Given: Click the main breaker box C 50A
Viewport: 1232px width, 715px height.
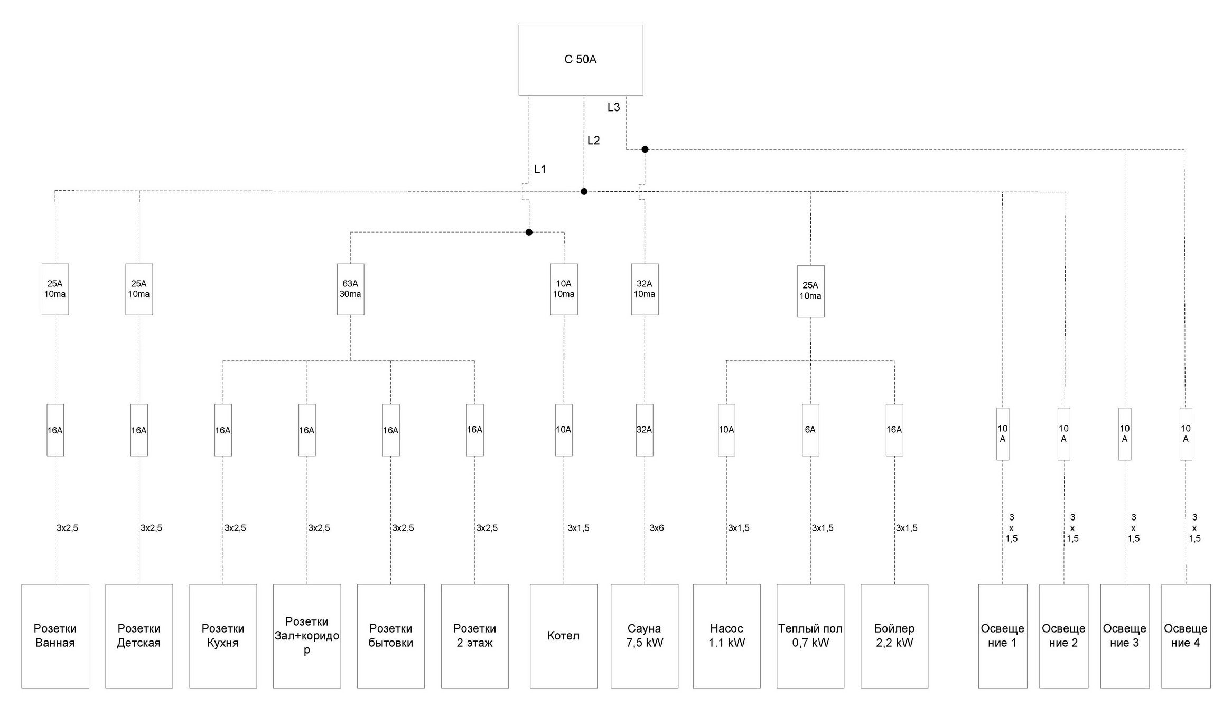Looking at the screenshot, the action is [x=581, y=60].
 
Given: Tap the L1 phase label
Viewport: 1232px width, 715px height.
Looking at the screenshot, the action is [x=540, y=170].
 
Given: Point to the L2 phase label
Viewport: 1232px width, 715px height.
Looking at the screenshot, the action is [x=593, y=141].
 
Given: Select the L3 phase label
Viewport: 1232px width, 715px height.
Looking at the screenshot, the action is [x=613, y=107].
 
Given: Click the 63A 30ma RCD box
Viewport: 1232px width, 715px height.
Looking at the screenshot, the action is [x=350, y=289].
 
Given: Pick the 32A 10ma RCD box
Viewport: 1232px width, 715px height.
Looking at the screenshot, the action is [x=645, y=289].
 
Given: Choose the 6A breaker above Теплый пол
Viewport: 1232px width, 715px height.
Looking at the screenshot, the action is [x=810, y=430].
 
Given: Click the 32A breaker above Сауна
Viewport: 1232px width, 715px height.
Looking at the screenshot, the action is [x=645, y=430].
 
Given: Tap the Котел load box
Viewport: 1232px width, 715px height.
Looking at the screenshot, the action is [x=564, y=636].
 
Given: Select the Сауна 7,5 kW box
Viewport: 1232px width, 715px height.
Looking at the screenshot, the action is [x=645, y=636].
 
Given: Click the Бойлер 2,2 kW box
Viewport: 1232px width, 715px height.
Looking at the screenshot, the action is [x=894, y=636].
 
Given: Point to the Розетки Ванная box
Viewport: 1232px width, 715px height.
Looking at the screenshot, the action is [x=55, y=636].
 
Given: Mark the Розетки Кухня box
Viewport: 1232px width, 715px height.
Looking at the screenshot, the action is [x=223, y=636].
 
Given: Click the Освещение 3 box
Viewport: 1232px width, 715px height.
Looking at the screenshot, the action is [x=1125, y=636].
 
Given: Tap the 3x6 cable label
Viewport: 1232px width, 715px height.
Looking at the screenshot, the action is [x=657, y=528].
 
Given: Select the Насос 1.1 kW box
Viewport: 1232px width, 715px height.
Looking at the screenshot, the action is [x=726, y=636].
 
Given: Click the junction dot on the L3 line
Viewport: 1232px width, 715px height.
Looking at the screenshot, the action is [x=645, y=150].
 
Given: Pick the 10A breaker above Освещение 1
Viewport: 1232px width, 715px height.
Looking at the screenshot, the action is [x=1003, y=434].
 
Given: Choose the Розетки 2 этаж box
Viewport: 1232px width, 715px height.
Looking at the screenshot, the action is [x=475, y=636].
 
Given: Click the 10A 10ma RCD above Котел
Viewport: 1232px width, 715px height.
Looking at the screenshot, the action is [x=564, y=289].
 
